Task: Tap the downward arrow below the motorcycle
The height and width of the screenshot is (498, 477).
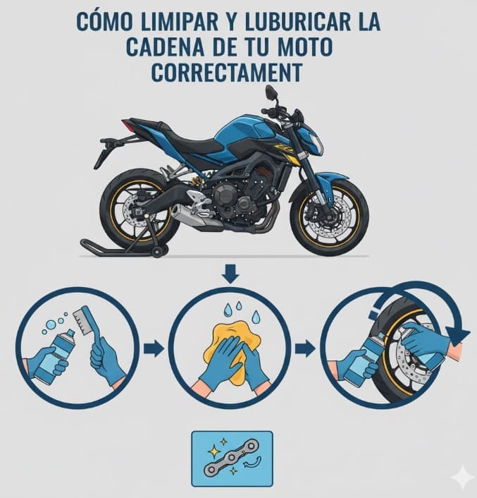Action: click(231, 272)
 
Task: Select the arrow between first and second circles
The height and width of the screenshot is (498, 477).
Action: click(153, 348)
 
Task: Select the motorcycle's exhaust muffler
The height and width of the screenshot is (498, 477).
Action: click(190, 216)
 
